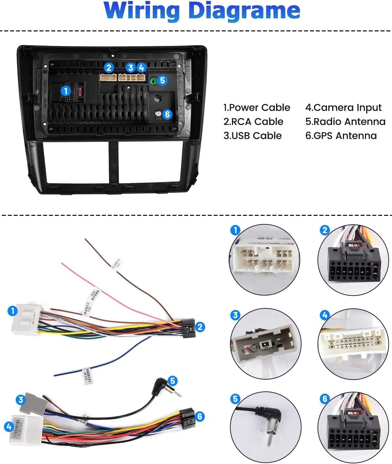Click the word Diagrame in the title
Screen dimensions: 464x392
(244, 10)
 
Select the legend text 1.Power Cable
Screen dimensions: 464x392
(257, 108)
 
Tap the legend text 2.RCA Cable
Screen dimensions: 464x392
(253, 122)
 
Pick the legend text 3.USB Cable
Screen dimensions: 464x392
(253, 136)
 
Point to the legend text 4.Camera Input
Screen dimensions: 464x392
(343, 108)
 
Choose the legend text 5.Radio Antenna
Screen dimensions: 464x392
(345, 122)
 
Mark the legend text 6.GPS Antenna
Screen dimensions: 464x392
(341, 136)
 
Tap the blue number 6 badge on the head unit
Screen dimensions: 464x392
(167, 114)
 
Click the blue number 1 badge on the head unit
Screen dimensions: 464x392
(66, 91)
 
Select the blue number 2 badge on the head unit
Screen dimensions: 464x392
(109, 68)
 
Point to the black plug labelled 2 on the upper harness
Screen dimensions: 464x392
(188, 328)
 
